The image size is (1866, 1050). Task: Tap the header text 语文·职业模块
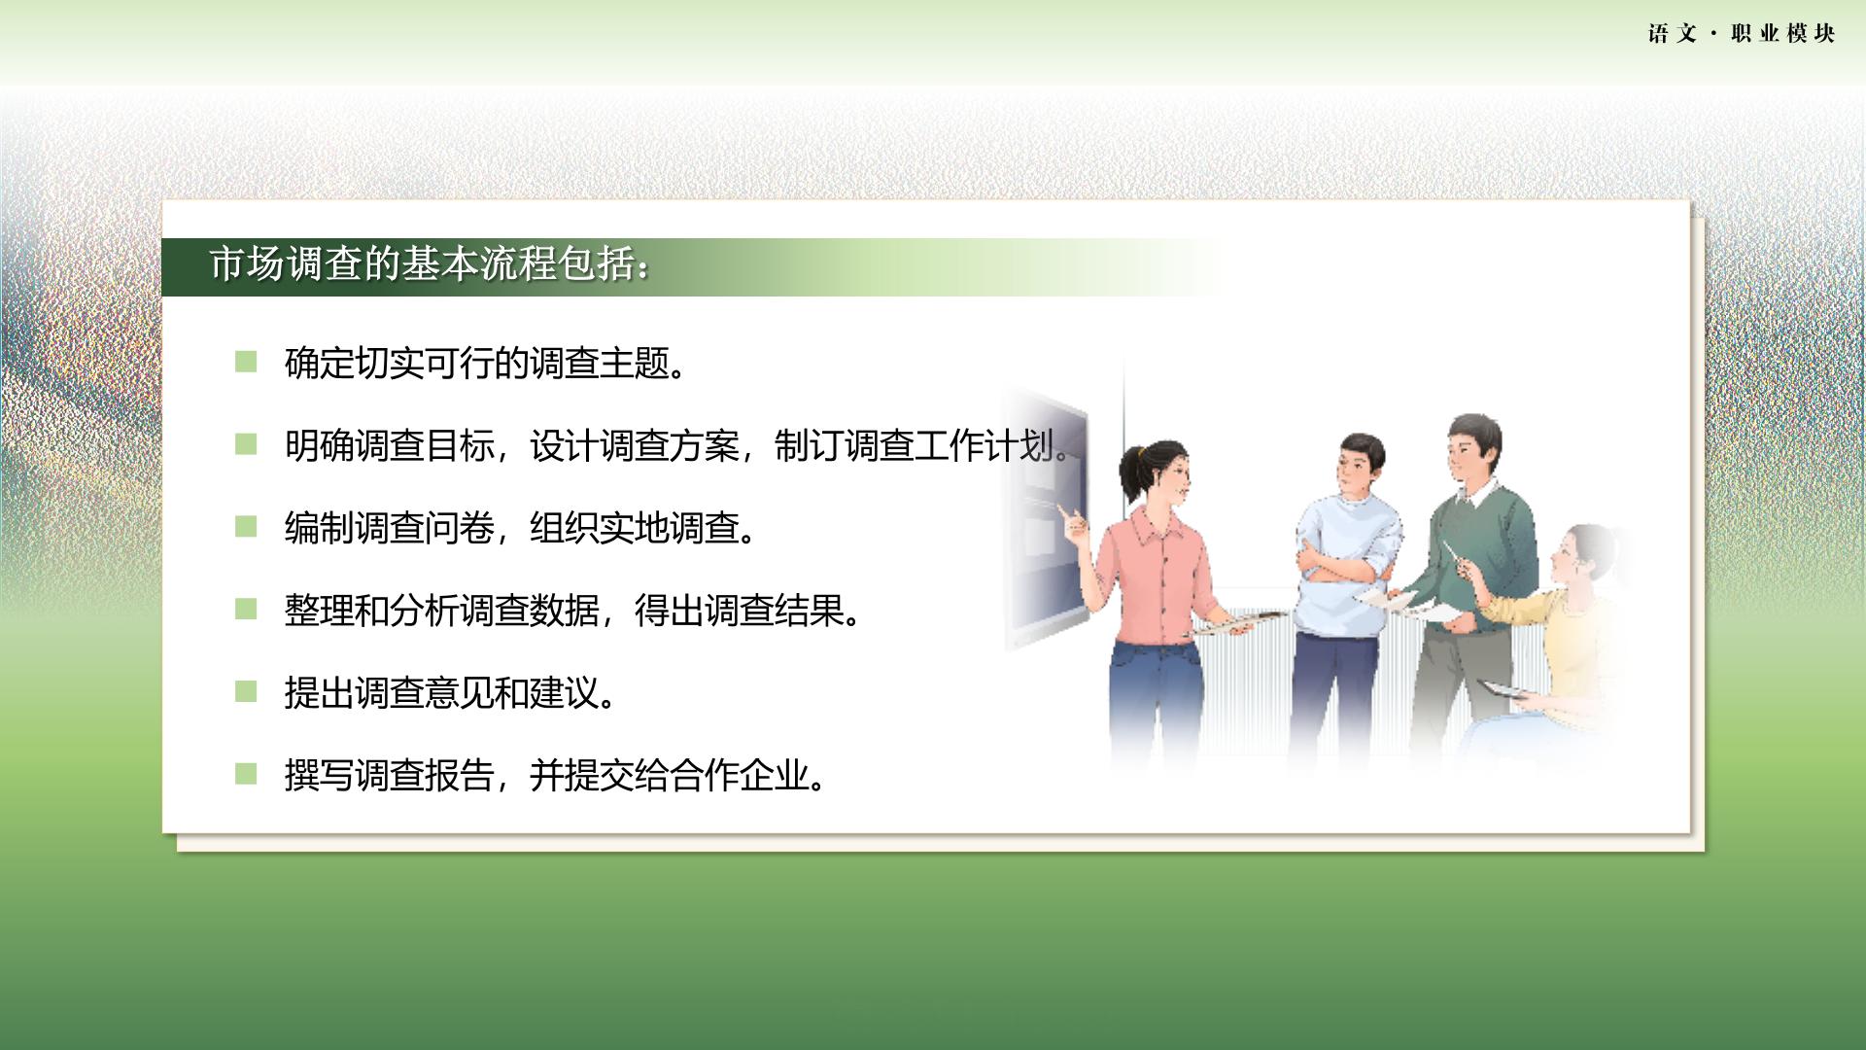pyautogui.click(x=1742, y=34)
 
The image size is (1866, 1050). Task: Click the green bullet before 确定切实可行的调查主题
pyautogui.click(x=246, y=362)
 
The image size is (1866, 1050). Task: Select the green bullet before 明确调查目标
pyautogui.click(x=246, y=444)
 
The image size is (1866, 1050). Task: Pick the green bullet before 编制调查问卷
pyautogui.click(x=246, y=527)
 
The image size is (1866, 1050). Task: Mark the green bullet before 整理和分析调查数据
pyautogui.click(x=246, y=610)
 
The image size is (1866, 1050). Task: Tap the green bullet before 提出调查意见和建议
pyautogui.click(x=246, y=692)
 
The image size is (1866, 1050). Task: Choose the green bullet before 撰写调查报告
pyautogui.click(x=246, y=774)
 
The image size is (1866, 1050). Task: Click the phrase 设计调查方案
pyautogui.click(x=634, y=446)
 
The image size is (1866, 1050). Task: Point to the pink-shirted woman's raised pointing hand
pyautogui.click(x=1075, y=525)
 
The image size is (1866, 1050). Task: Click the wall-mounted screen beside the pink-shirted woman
pyautogui.click(x=1046, y=515)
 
